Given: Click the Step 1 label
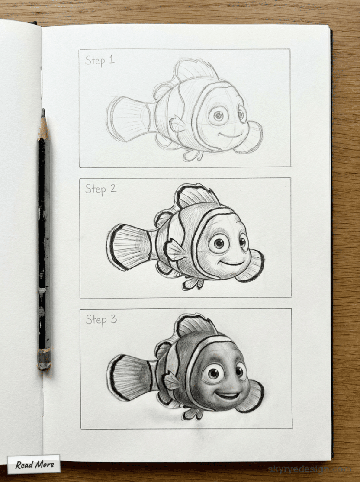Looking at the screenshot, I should tap(100, 60).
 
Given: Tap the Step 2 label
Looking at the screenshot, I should tap(100, 189).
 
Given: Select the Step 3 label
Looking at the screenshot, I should tap(101, 319).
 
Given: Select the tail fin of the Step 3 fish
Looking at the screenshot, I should tap(128, 376).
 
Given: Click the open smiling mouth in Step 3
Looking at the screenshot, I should tap(228, 395).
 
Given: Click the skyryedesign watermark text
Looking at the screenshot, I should tap(309, 469).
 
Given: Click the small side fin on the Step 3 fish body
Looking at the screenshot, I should tap(172, 381).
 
